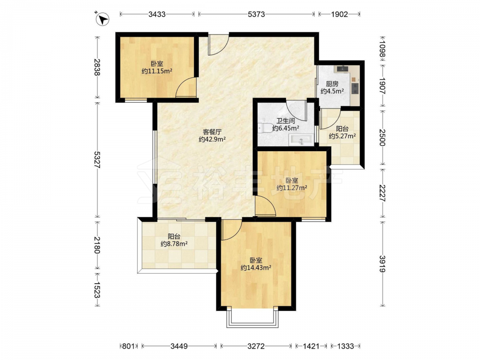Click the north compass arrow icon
(103, 19)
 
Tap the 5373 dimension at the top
(256, 14)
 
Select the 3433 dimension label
(157, 14)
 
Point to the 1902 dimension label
(339, 14)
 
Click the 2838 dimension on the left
(97, 67)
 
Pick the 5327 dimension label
(97, 160)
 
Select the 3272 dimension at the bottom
(256, 346)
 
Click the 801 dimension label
(129, 346)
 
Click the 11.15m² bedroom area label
(157, 72)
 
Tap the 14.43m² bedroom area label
(256, 268)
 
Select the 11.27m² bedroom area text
(292, 188)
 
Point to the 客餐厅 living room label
(212, 132)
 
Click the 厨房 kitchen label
(332, 84)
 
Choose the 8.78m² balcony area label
(174, 244)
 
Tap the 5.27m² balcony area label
(342, 136)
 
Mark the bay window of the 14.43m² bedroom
(252, 318)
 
